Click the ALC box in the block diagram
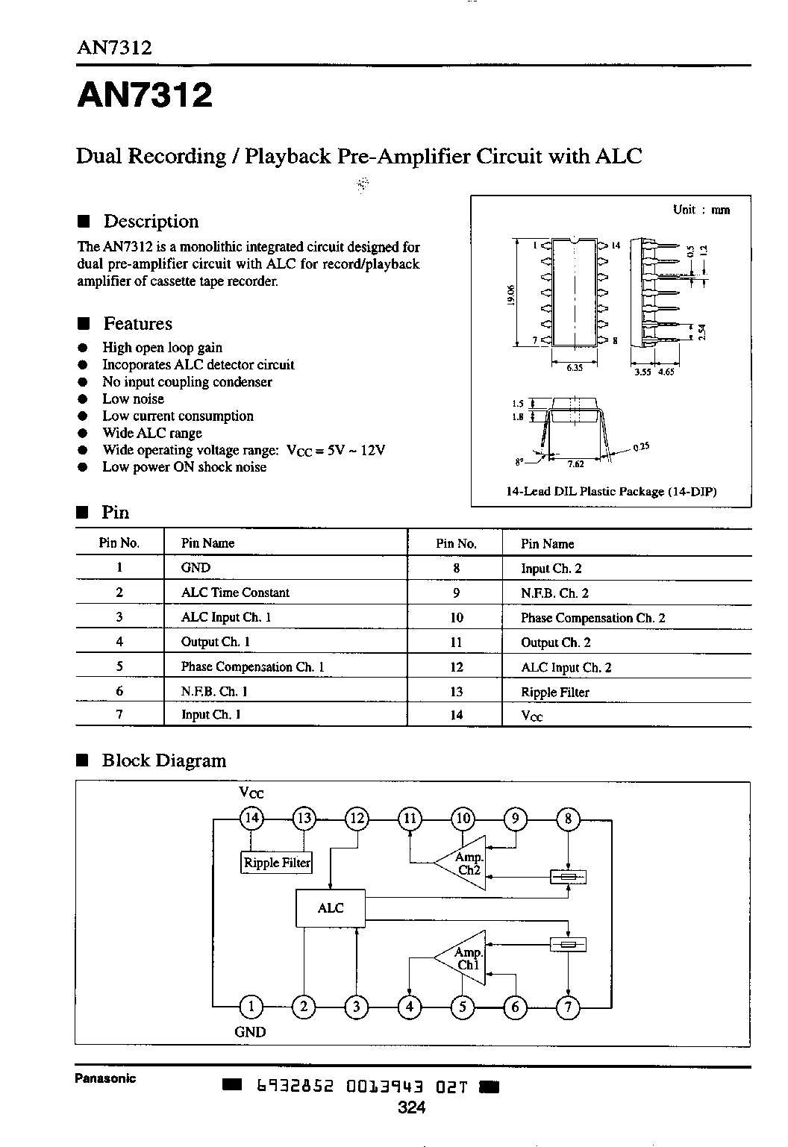[331, 908]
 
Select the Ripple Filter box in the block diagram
[277, 862]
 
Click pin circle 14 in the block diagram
[251, 818]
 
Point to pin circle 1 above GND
[251, 1007]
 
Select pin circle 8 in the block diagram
[568, 818]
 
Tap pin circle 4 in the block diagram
[409, 1007]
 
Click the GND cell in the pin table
[196, 567]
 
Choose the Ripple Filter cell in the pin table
[555, 693]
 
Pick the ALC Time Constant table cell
[235, 593]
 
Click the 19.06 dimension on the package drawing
[510, 295]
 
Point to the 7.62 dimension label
[575, 464]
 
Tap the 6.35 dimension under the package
[575, 368]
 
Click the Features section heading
[138, 324]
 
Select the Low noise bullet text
[133, 399]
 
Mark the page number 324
[412, 1107]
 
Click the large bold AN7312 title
[145, 96]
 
